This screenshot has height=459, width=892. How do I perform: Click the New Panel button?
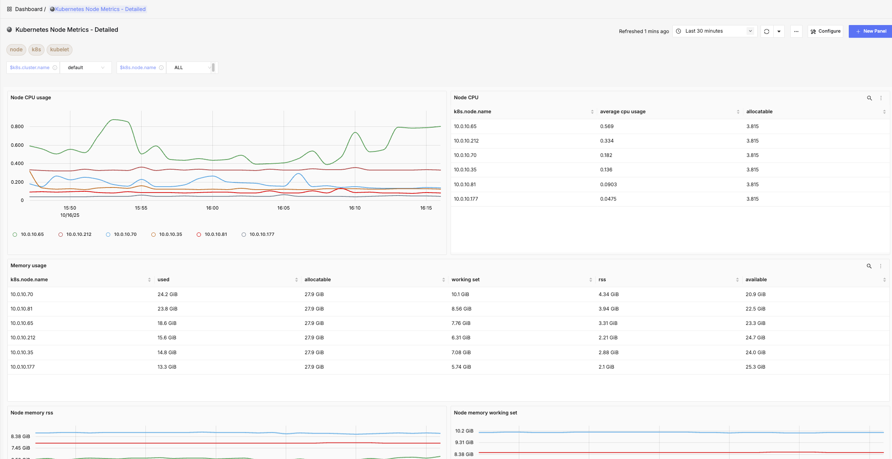(871, 31)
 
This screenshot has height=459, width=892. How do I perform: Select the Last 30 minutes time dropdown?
(714, 31)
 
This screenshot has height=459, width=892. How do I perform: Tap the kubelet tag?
(59, 50)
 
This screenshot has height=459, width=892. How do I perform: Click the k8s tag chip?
(36, 50)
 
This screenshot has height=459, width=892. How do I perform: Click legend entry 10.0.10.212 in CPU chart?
(78, 234)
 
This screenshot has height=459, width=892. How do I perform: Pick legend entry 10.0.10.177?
(262, 234)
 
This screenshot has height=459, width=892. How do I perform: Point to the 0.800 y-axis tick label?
(17, 126)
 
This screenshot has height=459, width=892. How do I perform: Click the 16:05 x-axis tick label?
(283, 208)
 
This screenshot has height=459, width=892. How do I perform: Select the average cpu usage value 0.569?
(607, 126)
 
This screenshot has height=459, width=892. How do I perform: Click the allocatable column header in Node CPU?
(759, 112)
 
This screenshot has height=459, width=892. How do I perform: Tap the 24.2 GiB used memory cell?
(167, 294)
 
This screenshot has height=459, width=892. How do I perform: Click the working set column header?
(466, 280)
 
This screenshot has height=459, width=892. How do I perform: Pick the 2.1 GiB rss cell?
(606, 367)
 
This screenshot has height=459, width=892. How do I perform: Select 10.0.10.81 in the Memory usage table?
(22, 309)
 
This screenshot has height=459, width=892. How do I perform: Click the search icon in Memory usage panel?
(869, 266)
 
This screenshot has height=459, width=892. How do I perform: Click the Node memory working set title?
(485, 413)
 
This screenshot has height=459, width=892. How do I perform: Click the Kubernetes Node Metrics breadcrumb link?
(100, 9)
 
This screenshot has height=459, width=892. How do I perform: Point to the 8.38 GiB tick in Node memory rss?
(20, 437)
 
